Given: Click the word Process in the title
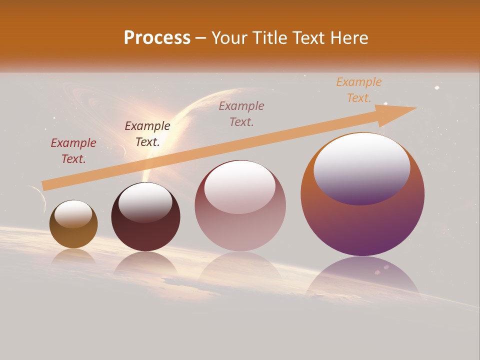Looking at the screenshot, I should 157,38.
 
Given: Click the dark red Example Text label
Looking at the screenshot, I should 73,150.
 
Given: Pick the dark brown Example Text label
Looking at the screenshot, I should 147,133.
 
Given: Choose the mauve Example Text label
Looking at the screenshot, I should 241,113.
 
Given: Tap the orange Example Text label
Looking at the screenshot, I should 359,89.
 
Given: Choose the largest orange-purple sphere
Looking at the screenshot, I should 362,225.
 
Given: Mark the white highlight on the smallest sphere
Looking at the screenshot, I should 73,214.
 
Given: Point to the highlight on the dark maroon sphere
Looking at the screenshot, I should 145,202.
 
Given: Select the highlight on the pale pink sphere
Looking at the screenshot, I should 240,187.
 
